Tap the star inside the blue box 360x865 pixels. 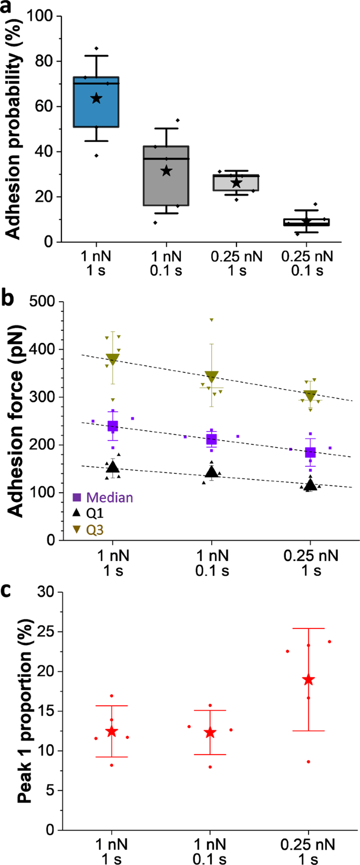pos(96,98)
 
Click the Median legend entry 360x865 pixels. pos(102,497)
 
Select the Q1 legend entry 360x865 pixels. pos(88,513)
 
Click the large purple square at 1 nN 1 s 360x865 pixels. pos(113,426)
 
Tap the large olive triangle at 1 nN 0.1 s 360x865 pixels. pos(211,376)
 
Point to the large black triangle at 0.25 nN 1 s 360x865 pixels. pos(311,484)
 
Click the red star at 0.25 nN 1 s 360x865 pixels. pos(308,680)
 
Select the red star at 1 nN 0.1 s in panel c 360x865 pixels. pos(210,732)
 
